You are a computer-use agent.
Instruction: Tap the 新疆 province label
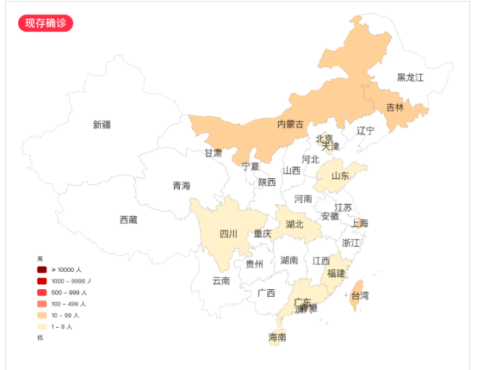[102, 125]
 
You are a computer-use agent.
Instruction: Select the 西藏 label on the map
[127, 220]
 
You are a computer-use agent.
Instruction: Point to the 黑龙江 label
[410, 77]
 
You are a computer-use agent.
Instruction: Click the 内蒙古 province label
[290, 124]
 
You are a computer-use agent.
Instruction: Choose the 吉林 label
[394, 108]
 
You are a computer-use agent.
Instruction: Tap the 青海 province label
[181, 186]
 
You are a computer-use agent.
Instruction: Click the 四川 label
[228, 233]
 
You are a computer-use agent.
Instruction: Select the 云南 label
[221, 281]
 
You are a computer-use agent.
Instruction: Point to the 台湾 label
[359, 296]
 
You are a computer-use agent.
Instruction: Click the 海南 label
[276, 337]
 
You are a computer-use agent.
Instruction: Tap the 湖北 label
[294, 225]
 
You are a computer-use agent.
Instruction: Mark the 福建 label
[334, 274]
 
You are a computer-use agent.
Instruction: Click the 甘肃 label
[213, 153]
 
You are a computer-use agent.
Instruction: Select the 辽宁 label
[365, 131]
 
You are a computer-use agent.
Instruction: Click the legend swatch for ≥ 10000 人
[42, 269]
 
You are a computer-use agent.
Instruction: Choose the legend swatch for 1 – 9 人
[42, 327]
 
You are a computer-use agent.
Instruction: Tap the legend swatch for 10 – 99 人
[42, 316]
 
